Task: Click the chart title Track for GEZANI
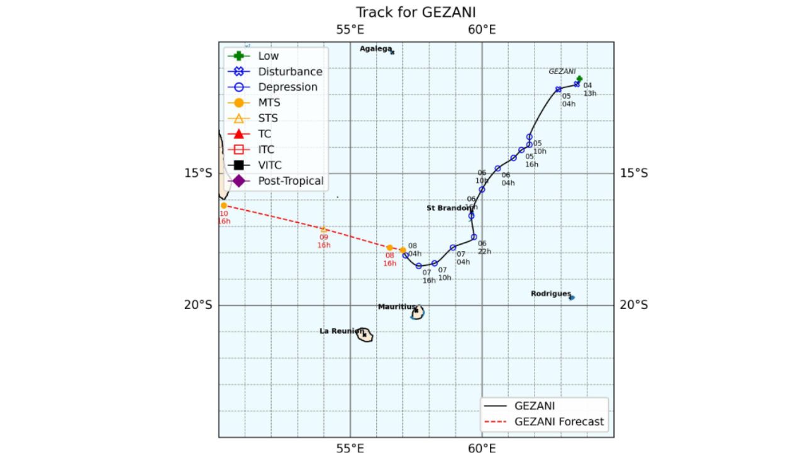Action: point(416,12)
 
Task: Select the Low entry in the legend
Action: point(269,56)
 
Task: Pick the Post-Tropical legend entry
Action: point(291,181)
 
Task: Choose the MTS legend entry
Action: point(269,103)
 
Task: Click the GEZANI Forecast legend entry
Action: point(558,422)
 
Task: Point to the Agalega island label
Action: point(376,48)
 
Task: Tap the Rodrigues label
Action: point(550,294)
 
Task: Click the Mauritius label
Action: point(396,307)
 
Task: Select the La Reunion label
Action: point(341,331)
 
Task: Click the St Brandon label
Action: point(448,208)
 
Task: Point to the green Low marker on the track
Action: point(579,79)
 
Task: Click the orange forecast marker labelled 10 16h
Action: point(224,206)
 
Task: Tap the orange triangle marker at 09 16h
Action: point(324,230)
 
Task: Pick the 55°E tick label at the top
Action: point(350,30)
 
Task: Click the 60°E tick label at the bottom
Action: point(482,448)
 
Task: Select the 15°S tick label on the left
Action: point(198,173)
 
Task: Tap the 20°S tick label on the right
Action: point(633,305)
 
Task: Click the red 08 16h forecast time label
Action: point(390,259)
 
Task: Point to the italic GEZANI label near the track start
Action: point(562,71)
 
